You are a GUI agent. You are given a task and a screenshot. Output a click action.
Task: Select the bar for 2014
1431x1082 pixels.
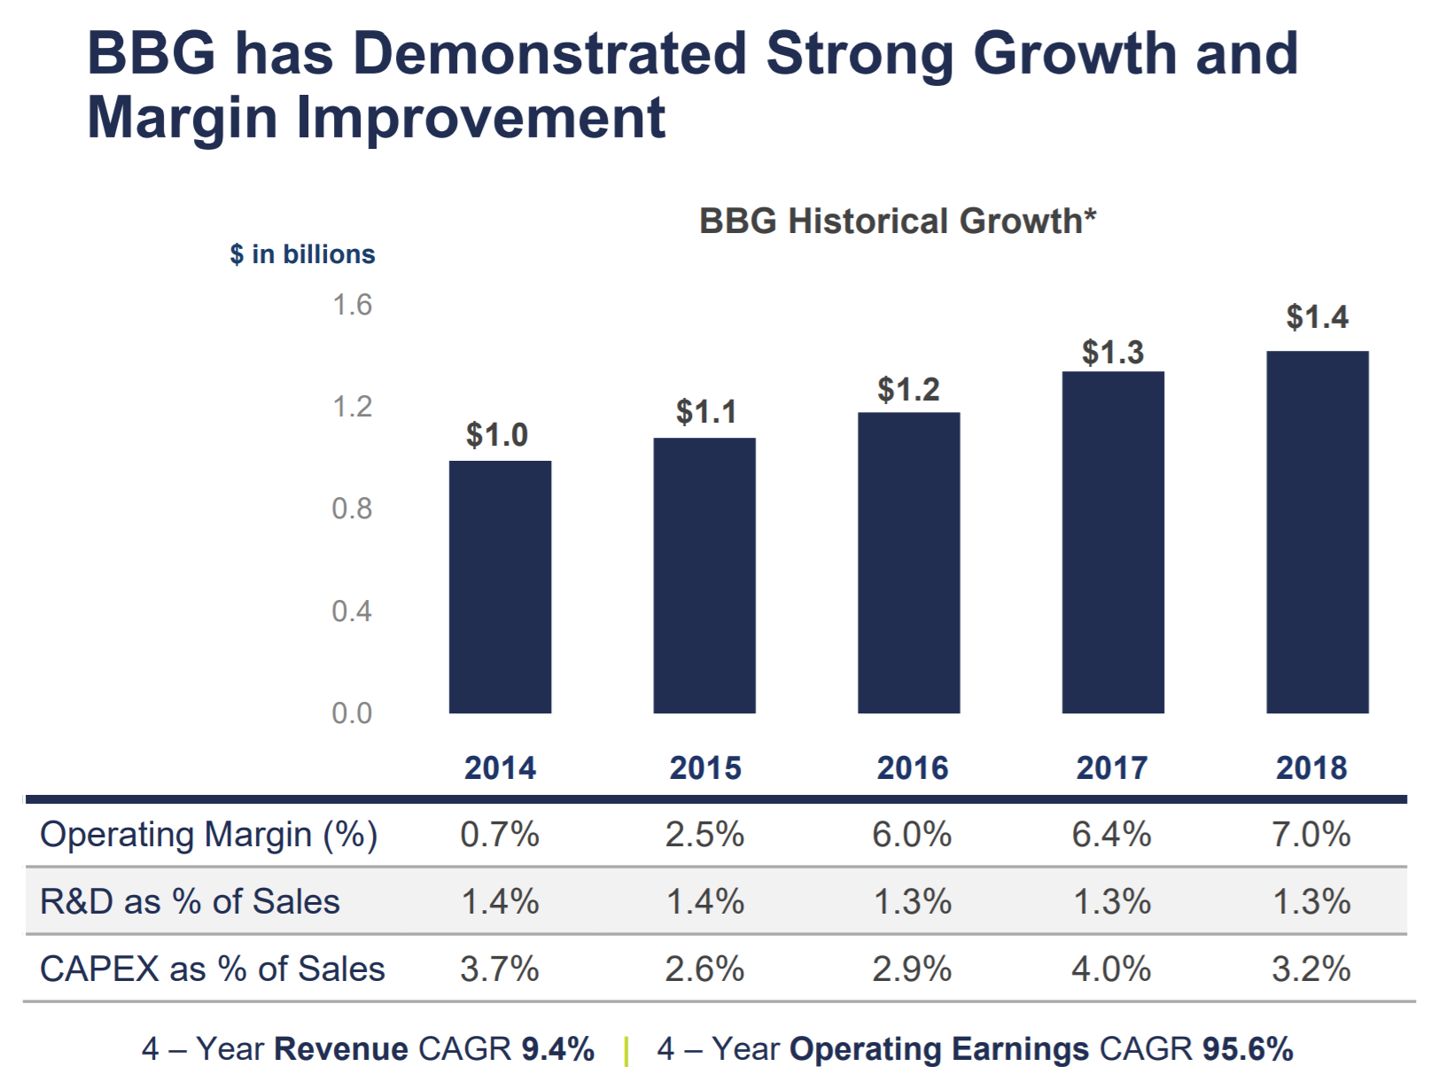point(500,587)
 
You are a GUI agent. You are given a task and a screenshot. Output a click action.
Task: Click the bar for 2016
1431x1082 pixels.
point(908,563)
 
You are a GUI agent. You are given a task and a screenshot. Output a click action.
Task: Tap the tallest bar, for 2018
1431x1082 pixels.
point(1317,532)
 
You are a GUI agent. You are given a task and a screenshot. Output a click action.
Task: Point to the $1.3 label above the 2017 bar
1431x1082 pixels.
point(1113,353)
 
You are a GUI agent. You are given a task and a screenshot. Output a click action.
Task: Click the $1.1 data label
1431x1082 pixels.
point(706,412)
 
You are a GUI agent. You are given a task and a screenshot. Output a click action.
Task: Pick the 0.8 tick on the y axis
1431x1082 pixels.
point(352,509)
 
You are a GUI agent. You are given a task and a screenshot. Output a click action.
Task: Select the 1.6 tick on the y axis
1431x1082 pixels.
point(352,306)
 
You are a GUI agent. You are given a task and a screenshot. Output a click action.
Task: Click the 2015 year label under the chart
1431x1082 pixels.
point(705,767)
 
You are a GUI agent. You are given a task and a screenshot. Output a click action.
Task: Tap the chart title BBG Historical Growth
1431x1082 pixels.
point(897,221)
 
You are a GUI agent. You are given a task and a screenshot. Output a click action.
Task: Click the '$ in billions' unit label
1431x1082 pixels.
point(302,254)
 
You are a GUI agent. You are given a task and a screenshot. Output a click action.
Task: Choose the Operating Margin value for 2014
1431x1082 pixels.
point(500,835)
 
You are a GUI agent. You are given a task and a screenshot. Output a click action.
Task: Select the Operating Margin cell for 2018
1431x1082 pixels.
point(1311,835)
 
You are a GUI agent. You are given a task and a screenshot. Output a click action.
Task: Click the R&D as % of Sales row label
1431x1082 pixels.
point(190,902)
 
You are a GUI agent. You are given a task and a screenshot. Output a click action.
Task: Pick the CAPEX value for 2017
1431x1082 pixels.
point(1111,969)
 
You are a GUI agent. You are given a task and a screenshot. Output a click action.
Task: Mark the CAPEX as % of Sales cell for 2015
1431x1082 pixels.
point(705,969)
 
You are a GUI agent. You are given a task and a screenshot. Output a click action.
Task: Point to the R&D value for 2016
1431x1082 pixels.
point(913,902)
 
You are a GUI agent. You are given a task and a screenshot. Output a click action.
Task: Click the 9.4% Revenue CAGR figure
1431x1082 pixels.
point(557,1049)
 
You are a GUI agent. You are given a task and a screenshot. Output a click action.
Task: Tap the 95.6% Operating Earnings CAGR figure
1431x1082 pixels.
point(1248,1049)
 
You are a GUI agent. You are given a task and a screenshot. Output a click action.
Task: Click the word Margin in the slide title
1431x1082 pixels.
point(183,118)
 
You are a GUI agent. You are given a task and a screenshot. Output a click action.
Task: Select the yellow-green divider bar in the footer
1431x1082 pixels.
point(626,1051)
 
